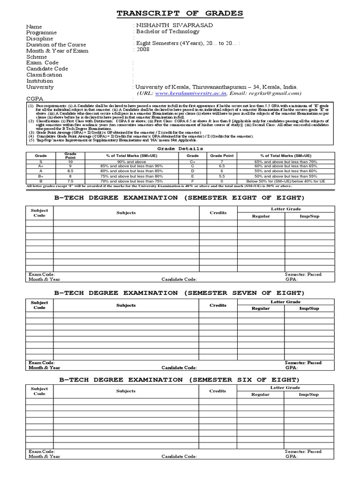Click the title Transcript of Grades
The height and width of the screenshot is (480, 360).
180,14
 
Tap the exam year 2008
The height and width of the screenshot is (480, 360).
143,49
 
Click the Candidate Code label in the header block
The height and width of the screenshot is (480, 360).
47,69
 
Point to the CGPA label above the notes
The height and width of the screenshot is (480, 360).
35,99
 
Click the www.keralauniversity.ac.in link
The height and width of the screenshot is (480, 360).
179,93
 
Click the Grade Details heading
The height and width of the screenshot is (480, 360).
180,149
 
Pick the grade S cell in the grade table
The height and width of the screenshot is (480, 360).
41,161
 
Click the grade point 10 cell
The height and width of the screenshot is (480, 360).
70,161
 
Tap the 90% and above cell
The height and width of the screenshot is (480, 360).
127,161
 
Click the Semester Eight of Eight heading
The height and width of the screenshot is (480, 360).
180,198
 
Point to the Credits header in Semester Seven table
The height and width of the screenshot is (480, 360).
217,305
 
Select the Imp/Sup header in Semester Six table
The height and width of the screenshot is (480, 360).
309,394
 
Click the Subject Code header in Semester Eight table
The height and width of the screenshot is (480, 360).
39,213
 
